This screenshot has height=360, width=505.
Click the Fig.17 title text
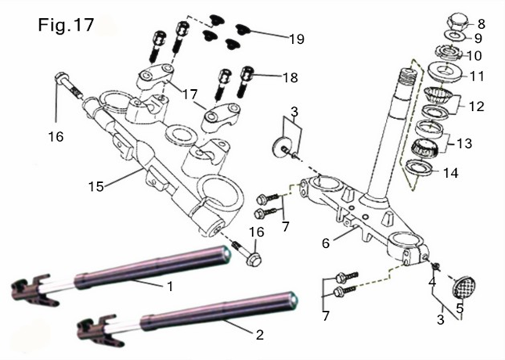tap(67, 25)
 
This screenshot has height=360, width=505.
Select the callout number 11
tap(476, 77)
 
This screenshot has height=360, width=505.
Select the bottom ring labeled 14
tap(419, 166)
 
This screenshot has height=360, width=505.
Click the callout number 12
tap(477, 105)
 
